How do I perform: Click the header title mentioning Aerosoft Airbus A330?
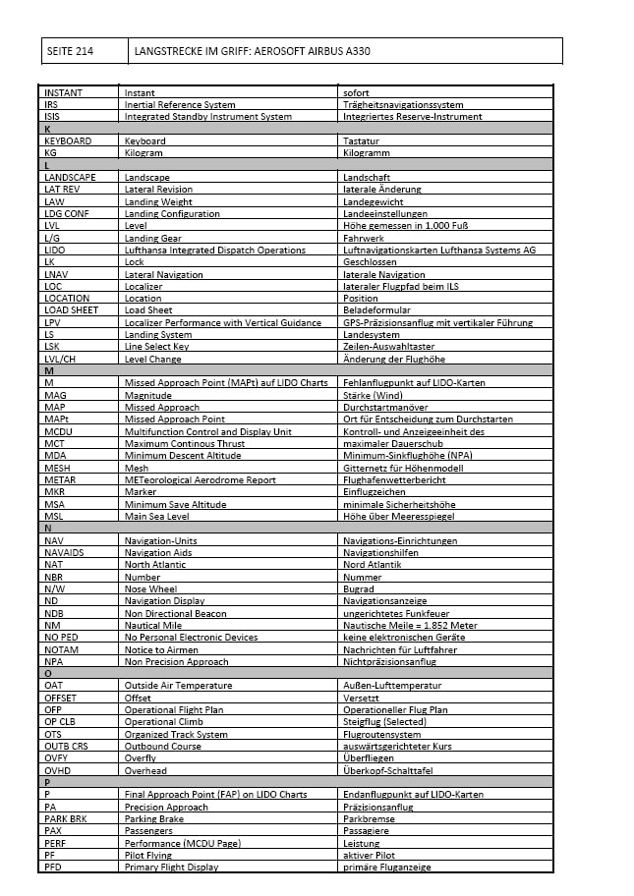tap(253, 51)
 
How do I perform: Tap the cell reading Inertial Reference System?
tap(180, 105)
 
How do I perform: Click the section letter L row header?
tap(47, 165)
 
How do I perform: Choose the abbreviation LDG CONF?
tap(67, 213)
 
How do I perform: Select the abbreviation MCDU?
tap(59, 431)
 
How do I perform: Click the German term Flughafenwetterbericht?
tap(393, 479)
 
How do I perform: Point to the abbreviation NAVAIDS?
tap(64, 553)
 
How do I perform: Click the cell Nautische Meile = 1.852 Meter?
tap(410, 625)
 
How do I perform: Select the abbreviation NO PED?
tap(62, 637)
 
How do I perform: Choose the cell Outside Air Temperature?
tap(178, 685)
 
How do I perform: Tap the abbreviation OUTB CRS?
tap(66, 746)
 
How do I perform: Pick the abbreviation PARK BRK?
tap(66, 818)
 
